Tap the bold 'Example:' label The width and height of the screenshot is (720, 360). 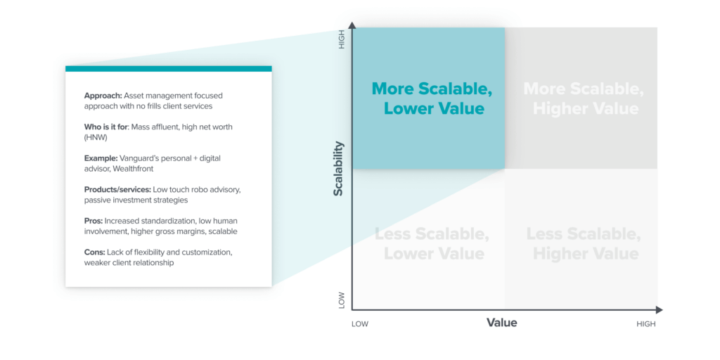(x=103, y=158)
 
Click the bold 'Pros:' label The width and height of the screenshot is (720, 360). (x=94, y=221)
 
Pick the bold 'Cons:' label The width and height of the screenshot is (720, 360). (x=95, y=252)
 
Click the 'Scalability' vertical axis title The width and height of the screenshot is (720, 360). (x=338, y=169)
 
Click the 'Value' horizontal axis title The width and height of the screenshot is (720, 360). (x=501, y=323)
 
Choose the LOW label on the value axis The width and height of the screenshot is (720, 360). (x=359, y=324)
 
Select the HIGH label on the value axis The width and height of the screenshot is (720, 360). (x=645, y=324)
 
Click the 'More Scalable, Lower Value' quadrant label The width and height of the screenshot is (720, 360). (x=427, y=98)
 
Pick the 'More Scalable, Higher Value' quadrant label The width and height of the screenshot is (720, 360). (x=583, y=98)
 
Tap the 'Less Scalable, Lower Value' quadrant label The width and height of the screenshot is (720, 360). (x=430, y=243)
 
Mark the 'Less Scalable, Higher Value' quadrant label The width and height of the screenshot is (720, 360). (x=584, y=243)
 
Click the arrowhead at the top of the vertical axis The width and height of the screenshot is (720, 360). (x=352, y=26)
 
